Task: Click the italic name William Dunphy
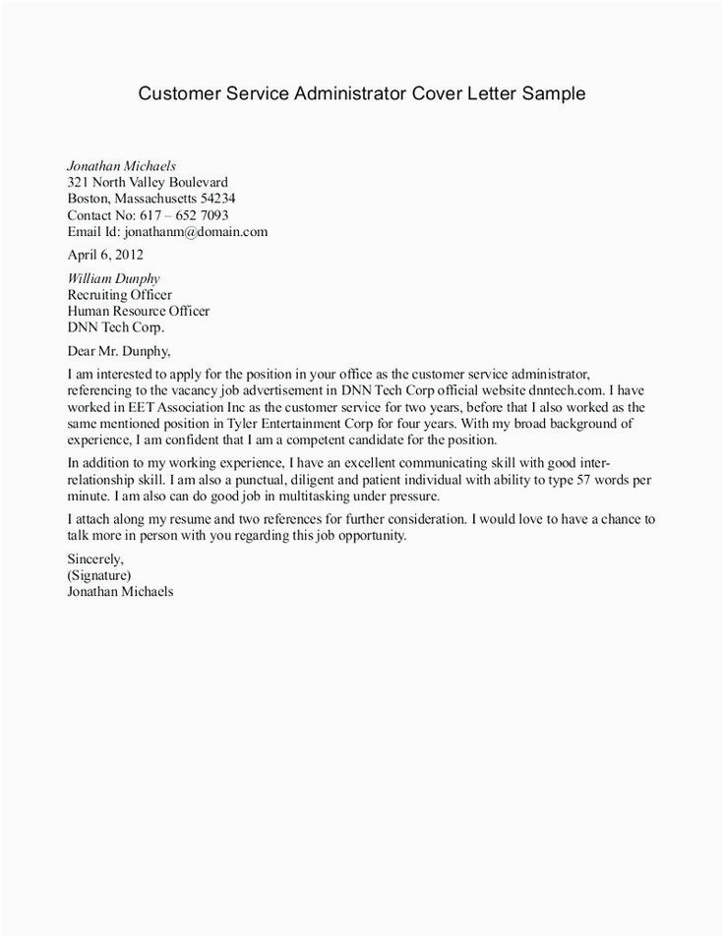[113, 278]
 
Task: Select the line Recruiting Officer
[119, 295]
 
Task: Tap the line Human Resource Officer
[138, 312]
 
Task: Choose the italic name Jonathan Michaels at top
[122, 165]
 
